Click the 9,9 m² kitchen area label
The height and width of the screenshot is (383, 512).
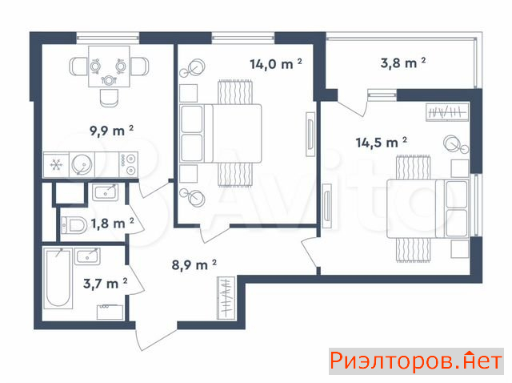coord(111,131)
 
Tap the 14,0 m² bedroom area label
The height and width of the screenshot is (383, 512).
coord(275,63)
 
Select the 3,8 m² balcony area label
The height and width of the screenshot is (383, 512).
coord(403,62)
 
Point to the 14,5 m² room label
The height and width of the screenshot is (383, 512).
coord(381,143)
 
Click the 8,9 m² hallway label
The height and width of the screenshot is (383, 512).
coord(194,264)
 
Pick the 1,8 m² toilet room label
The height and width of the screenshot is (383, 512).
coord(112,224)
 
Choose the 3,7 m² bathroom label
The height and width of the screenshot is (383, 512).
coord(105,283)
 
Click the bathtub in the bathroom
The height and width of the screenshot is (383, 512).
coord(58,278)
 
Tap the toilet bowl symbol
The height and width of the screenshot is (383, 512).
coord(74,225)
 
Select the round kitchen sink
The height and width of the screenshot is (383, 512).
coord(81,164)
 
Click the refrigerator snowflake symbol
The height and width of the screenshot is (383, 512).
coord(56,164)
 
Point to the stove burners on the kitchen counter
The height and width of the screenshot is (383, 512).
coord(129,164)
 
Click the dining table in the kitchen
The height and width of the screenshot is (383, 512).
coord(109,67)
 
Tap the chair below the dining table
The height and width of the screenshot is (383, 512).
coord(109,98)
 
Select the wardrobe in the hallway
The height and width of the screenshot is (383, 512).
coord(226,298)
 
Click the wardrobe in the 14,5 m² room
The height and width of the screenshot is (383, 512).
coord(447,112)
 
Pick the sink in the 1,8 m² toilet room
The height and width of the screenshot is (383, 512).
coord(105,192)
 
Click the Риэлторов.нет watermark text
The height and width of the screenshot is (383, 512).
coord(416,361)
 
